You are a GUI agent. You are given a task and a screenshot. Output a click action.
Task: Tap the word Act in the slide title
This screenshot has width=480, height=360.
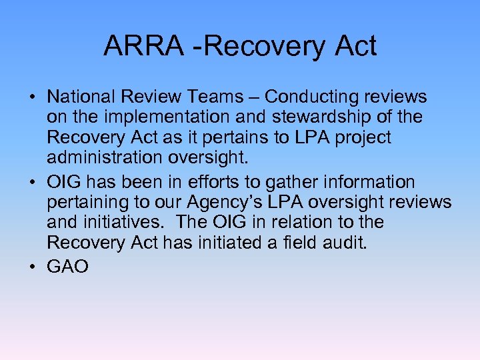pos(355,47)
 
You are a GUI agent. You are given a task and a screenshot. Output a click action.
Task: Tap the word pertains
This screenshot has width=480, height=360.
pos(234,138)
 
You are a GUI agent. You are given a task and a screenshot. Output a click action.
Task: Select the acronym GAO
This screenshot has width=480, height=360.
pos(67,267)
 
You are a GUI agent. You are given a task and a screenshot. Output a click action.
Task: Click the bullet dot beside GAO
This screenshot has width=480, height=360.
pos(33,267)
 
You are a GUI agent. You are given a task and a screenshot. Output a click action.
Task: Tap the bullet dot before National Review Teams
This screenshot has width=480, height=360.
pos(33,97)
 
